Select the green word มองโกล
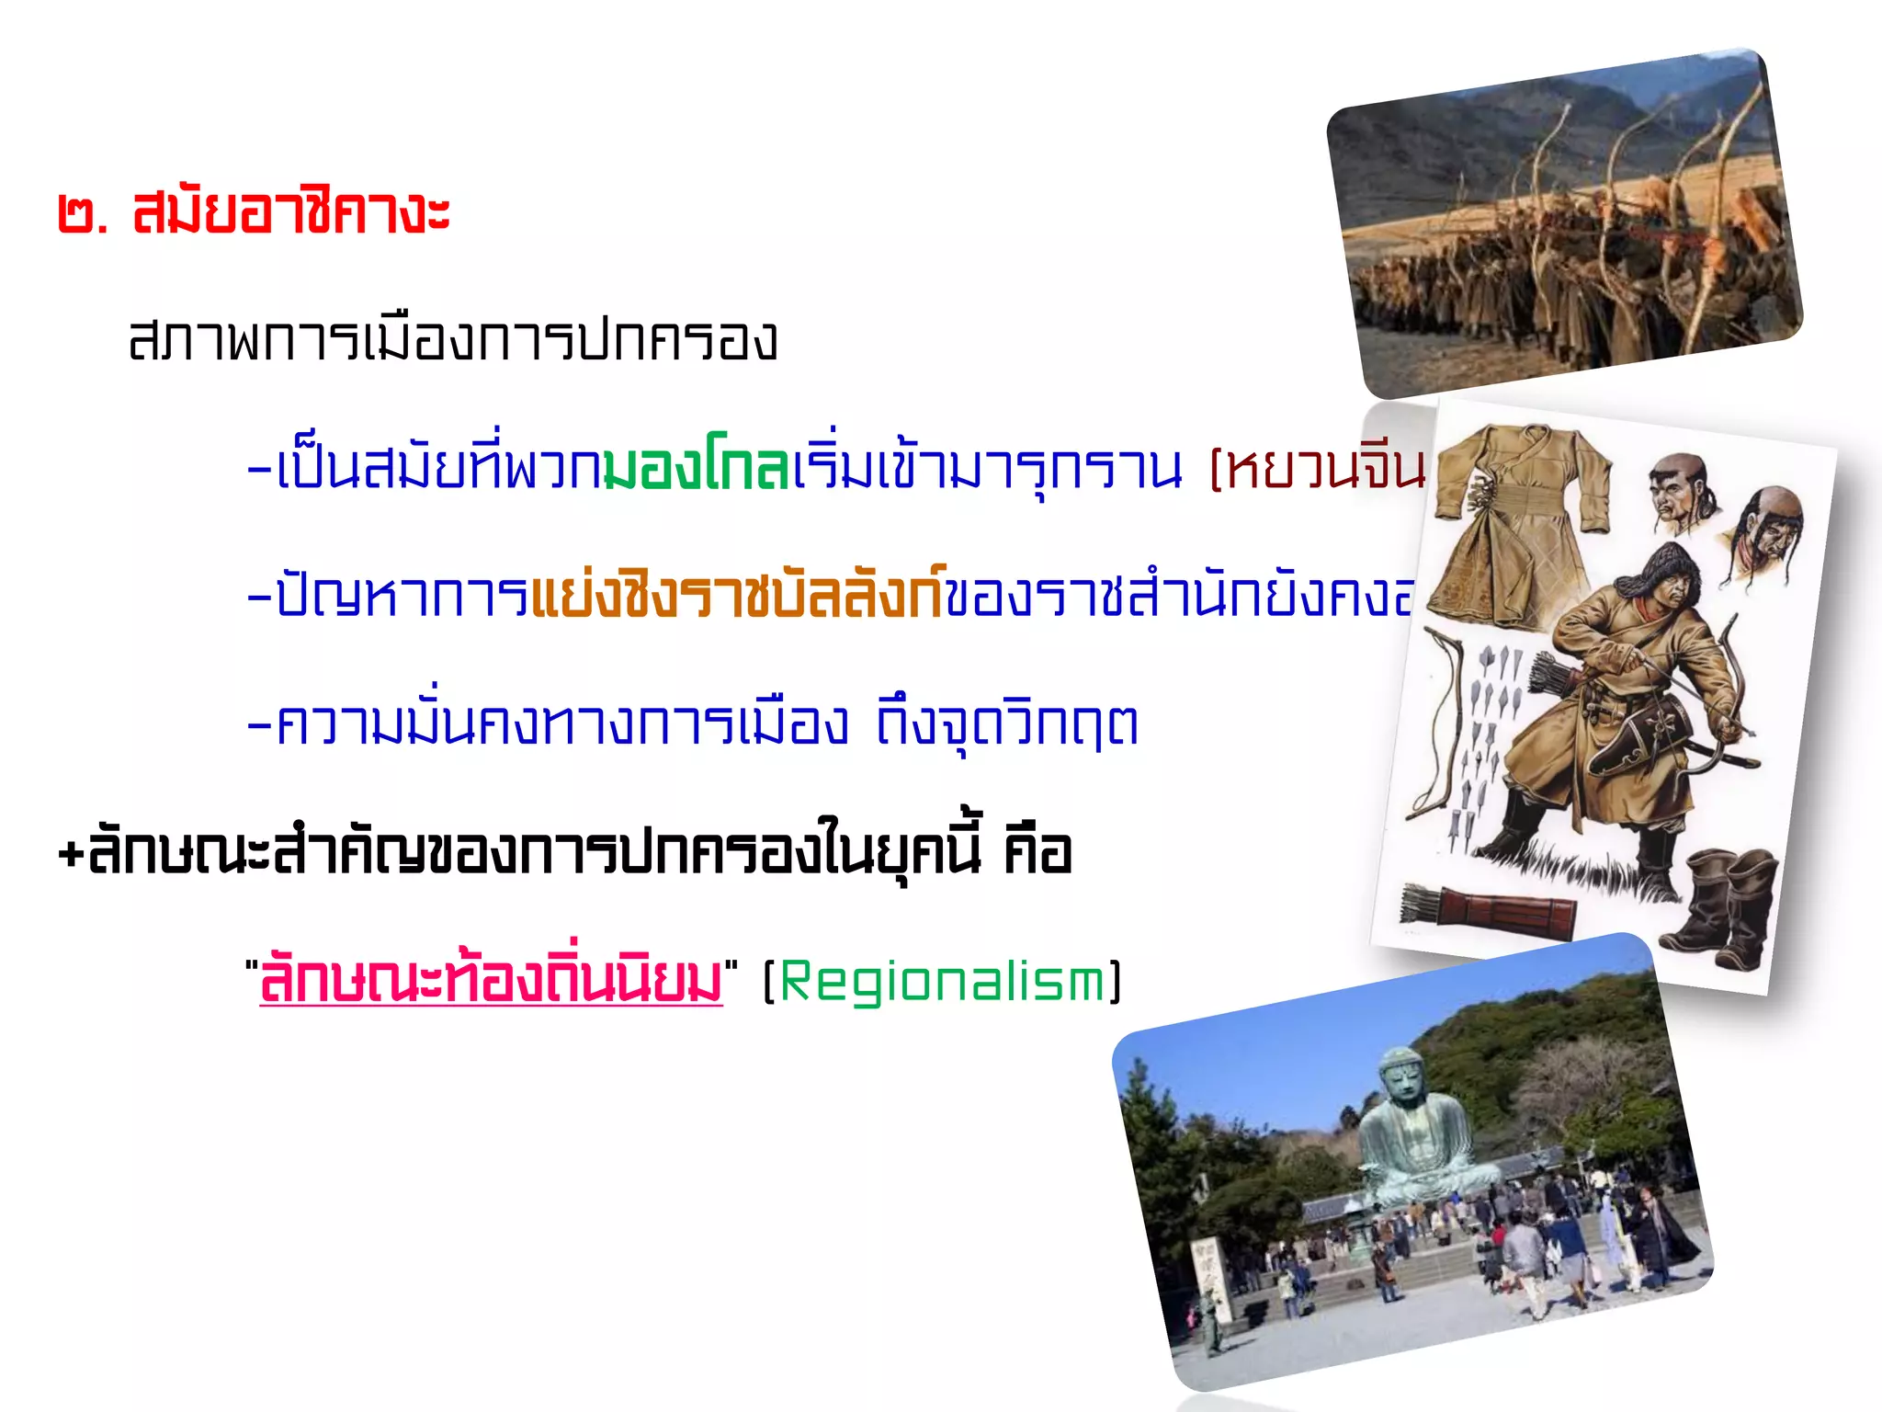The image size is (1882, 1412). (697, 468)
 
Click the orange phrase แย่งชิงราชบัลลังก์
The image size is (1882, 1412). (738, 595)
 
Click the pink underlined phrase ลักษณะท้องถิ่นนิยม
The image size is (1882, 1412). (491, 981)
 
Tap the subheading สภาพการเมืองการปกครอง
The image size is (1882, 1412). (453, 340)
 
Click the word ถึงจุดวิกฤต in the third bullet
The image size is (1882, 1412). (1006, 723)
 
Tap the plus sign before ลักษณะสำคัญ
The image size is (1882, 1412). (71, 853)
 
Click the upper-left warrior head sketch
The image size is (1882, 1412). (1681, 491)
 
